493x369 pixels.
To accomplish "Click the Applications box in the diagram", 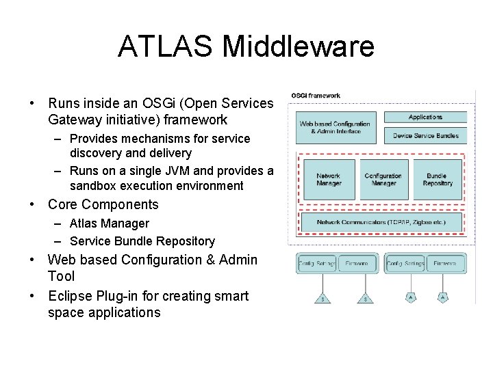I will [x=425, y=118].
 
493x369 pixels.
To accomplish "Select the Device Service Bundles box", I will [x=425, y=135].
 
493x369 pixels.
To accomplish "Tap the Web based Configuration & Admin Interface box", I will [x=335, y=127].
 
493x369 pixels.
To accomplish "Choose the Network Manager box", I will [x=329, y=180].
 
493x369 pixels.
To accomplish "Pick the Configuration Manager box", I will [x=383, y=180].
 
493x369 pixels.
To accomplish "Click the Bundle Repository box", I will [x=438, y=180].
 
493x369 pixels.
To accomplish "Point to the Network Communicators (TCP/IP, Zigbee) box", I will [x=381, y=222].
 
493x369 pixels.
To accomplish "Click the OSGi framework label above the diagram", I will [x=316, y=96].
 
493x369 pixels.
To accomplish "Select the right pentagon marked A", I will [x=443, y=297].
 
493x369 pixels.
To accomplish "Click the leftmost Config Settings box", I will [x=317, y=263].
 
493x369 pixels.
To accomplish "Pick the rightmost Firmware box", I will [x=445, y=263].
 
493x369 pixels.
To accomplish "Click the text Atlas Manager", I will [x=109, y=223].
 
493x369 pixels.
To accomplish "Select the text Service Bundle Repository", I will [x=142, y=241].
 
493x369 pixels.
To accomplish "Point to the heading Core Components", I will [x=103, y=204].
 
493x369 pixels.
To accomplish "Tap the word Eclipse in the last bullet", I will [x=69, y=296].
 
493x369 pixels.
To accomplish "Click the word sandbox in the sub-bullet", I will [x=92, y=186].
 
